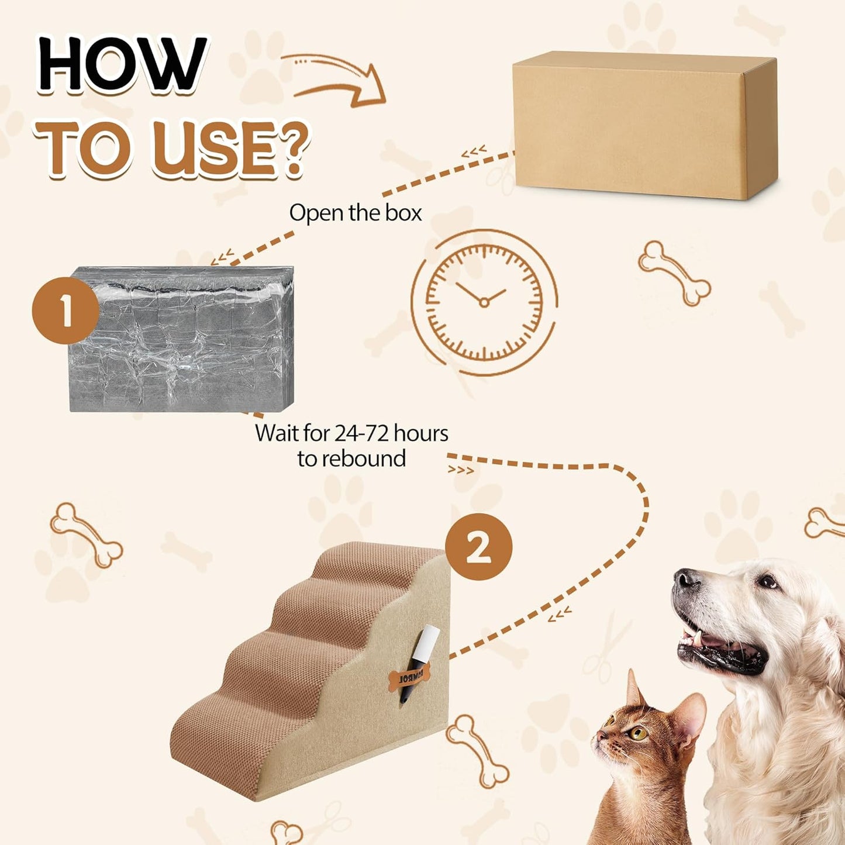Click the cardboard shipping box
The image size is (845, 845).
pos(643,126)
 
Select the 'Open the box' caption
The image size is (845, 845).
pos(355,213)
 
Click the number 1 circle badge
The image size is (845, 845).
pos(65,311)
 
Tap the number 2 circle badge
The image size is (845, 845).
pos(478,547)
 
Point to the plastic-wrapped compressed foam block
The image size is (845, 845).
pos(181,339)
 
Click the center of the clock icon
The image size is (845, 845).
pos(484,302)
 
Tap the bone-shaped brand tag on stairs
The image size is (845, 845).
pos(409,678)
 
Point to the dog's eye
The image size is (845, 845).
pos(767,581)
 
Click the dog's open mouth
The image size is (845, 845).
pos(719,646)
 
